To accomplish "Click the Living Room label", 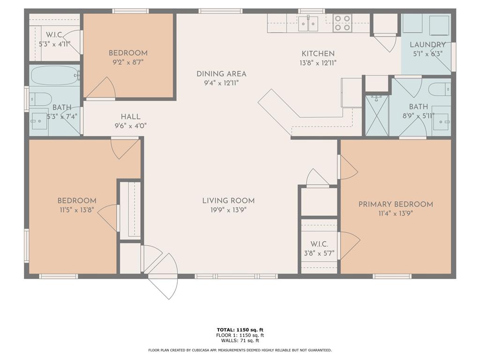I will [228, 201].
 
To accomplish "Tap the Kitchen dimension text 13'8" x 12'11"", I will [318, 63].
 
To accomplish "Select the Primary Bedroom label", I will [395, 204].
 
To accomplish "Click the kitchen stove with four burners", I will [343, 22].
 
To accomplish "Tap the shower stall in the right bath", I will [377, 115].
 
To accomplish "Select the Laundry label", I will [427, 45].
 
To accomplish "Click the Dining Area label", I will [221, 74].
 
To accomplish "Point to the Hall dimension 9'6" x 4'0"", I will [130, 126].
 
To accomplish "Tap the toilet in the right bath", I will [440, 89].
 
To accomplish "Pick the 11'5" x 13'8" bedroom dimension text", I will [77, 210].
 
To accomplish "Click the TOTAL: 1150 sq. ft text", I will [240, 330].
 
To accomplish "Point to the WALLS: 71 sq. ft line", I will [240, 340].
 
